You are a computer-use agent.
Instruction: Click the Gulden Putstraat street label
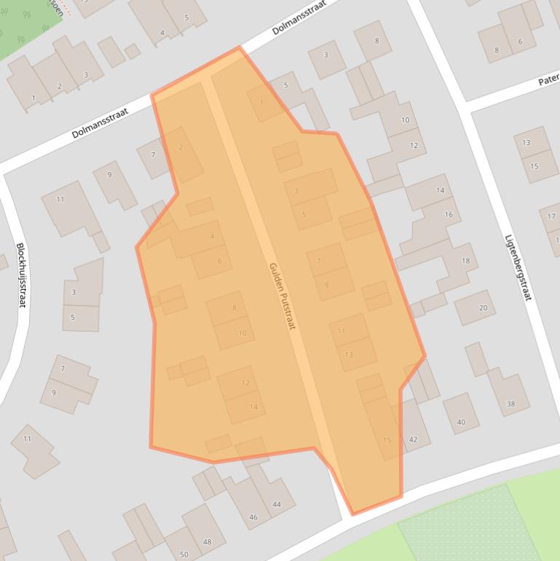click(282, 297)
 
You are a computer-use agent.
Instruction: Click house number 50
click(184, 554)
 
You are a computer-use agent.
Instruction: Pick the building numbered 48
click(208, 542)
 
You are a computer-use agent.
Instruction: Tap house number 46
click(253, 517)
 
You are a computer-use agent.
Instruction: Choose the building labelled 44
click(276, 504)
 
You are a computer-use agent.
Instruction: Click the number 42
click(414, 439)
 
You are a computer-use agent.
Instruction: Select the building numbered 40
click(461, 422)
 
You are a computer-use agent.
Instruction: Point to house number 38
click(510, 404)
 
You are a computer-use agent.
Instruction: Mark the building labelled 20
click(483, 307)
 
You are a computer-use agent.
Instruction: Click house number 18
click(465, 261)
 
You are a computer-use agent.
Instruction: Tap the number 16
click(449, 214)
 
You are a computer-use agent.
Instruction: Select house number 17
click(551, 216)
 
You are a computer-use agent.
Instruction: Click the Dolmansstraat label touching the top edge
click(298, 20)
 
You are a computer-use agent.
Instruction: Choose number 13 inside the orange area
click(349, 355)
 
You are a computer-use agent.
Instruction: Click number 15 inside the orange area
click(387, 439)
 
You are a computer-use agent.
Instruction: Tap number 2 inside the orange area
click(181, 147)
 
